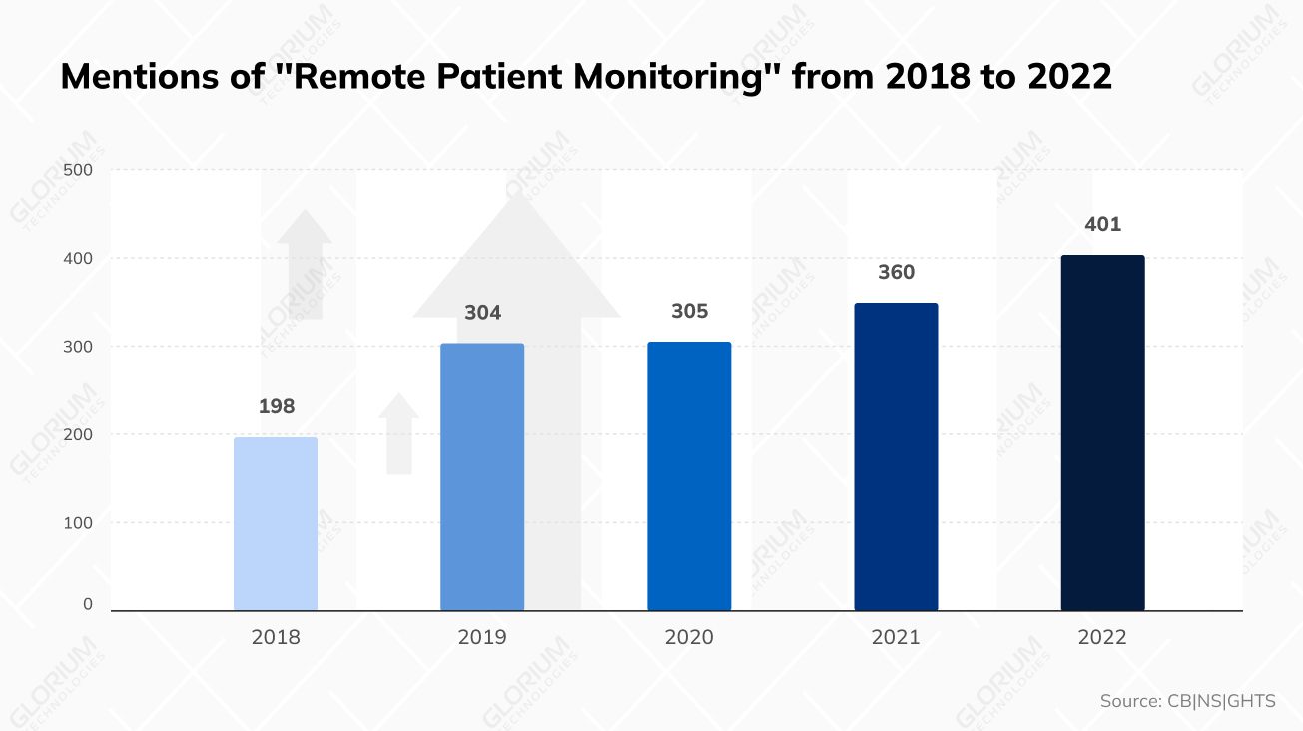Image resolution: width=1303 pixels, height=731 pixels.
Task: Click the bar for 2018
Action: pyautogui.click(x=276, y=524)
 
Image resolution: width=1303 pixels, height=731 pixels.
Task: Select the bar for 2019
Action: pyautogui.click(x=482, y=477)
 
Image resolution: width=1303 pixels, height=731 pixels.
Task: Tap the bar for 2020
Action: pyautogui.click(x=689, y=476)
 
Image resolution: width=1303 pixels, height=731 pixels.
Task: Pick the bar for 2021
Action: pyautogui.click(x=896, y=456)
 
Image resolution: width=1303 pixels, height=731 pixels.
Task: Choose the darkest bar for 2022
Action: pyautogui.click(x=1102, y=432)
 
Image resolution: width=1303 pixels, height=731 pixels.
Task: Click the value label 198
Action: pyautogui.click(x=276, y=407)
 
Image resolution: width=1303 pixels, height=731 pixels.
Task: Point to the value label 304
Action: pyautogui.click(x=482, y=313)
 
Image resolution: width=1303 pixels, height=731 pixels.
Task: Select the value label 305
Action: pyautogui.click(x=689, y=312)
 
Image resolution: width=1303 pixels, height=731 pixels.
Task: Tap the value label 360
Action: pyautogui.click(x=896, y=273)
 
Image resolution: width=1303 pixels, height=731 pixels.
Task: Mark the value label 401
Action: pyautogui.click(x=1102, y=225)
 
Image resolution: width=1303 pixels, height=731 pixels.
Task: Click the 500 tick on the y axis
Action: pyautogui.click(x=78, y=170)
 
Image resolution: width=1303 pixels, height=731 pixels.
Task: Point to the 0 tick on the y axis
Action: pyautogui.click(x=88, y=604)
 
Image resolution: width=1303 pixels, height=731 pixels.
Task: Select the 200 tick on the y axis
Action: pyautogui.click(x=78, y=434)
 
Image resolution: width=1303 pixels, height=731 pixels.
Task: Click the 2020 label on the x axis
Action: pyautogui.click(x=689, y=637)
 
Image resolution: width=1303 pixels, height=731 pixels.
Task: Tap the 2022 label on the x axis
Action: pyautogui.click(x=1102, y=637)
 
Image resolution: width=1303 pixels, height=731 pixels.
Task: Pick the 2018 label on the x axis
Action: pyautogui.click(x=276, y=637)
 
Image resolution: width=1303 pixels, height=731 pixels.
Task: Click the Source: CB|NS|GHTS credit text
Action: pyautogui.click(x=1187, y=701)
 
